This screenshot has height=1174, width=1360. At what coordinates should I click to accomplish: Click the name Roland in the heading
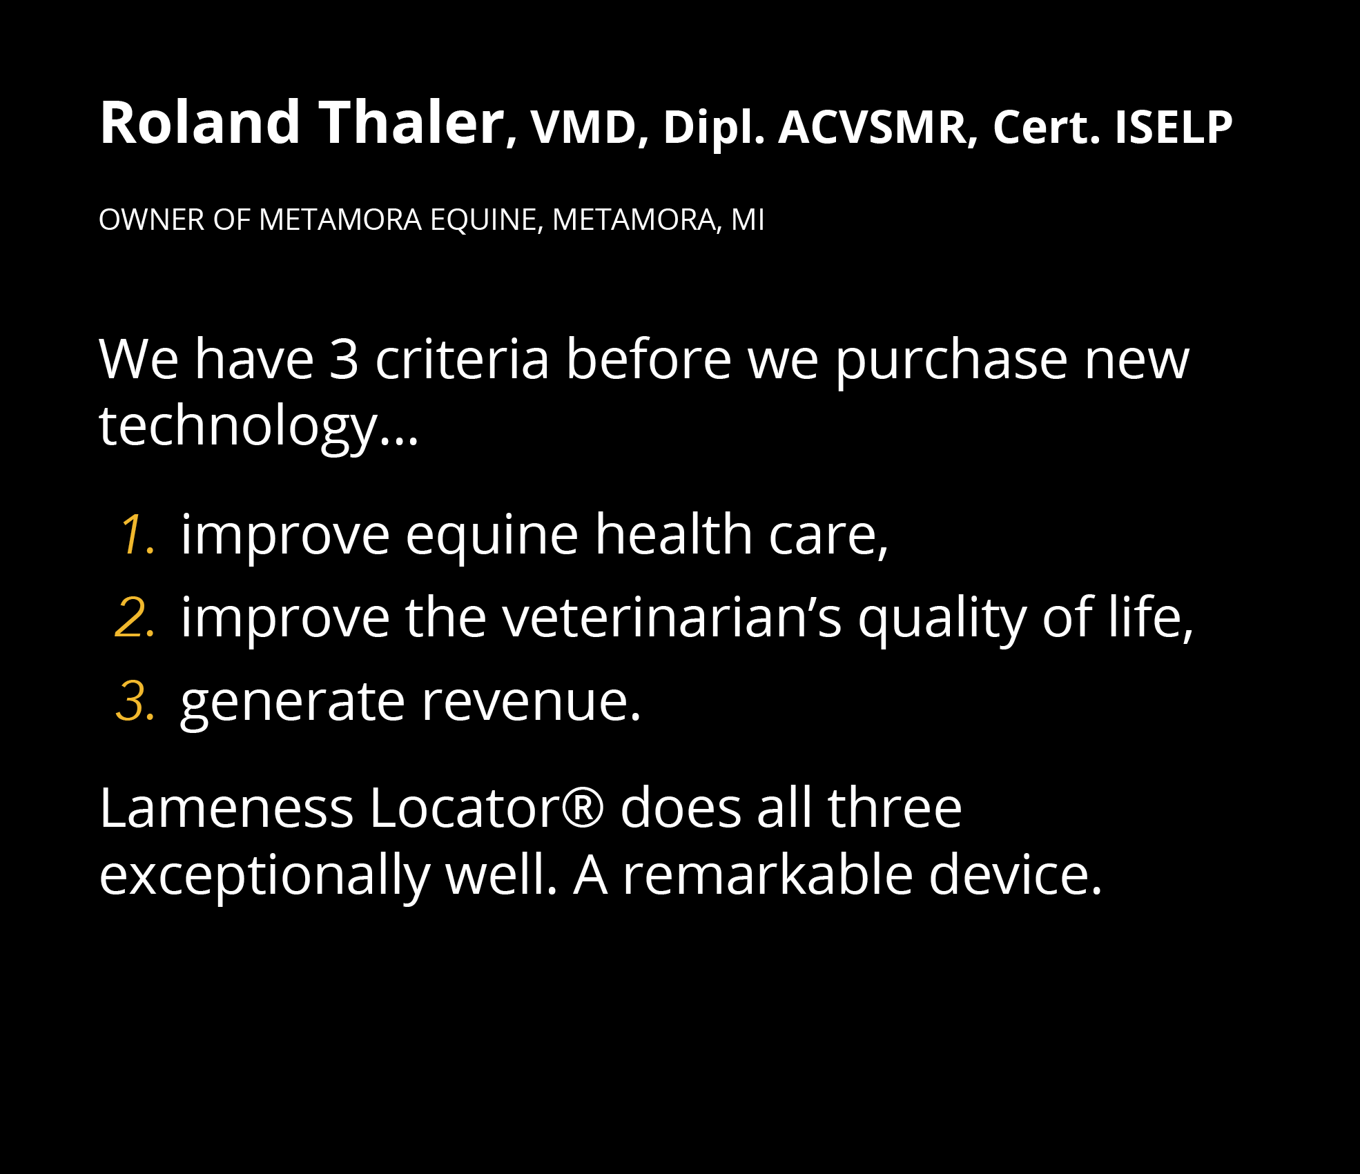point(200,123)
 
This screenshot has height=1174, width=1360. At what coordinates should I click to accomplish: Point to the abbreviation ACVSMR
point(873,128)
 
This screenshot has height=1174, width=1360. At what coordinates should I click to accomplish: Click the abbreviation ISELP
point(1173,128)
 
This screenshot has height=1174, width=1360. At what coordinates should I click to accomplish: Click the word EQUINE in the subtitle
point(483,220)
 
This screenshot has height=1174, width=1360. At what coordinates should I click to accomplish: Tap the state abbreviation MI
point(748,220)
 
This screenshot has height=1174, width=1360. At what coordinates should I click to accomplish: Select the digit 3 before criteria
point(343,360)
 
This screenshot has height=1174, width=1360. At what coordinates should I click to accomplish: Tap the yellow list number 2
point(135,617)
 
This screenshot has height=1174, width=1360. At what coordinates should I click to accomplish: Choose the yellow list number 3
point(135,701)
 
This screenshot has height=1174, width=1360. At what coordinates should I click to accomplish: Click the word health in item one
point(673,534)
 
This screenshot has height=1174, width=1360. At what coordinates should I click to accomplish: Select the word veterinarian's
point(671,617)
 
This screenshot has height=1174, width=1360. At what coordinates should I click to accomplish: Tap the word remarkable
point(768,874)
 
